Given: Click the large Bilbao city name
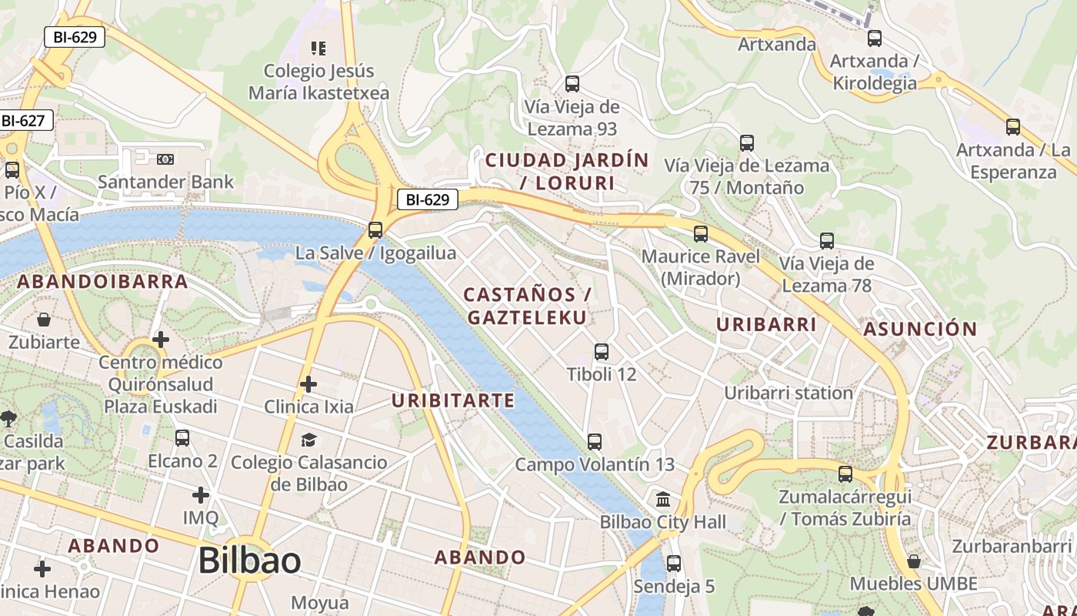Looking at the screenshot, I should click(x=249, y=561).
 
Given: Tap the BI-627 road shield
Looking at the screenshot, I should click(x=23, y=121).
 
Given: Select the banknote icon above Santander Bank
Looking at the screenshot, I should click(x=165, y=159).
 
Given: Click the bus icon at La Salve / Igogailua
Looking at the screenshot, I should click(x=375, y=229).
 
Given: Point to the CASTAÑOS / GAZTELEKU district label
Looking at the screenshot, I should click(x=527, y=306).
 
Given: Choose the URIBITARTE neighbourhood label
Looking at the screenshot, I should click(x=452, y=400).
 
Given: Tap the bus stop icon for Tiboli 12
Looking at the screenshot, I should click(x=602, y=352).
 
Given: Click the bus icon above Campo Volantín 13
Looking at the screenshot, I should click(x=594, y=441).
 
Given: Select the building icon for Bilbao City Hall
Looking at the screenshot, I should click(x=663, y=500).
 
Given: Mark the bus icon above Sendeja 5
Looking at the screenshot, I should click(x=674, y=564).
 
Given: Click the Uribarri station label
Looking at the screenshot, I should click(x=789, y=393).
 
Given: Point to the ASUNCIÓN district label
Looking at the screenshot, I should click(x=920, y=330).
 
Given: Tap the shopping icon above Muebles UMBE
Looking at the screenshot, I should click(x=914, y=561).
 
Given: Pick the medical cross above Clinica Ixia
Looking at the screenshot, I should click(x=308, y=383).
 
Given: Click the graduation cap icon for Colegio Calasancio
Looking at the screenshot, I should click(x=308, y=440).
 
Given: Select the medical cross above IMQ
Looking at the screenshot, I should click(x=201, y=494).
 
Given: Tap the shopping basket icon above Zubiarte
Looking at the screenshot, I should click(x=44, y=319).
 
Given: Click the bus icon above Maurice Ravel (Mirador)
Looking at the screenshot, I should click(x=700, y=234).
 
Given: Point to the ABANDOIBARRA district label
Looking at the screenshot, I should click(x=102, y=281).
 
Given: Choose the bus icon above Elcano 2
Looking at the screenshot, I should click(x=182, y=438).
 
